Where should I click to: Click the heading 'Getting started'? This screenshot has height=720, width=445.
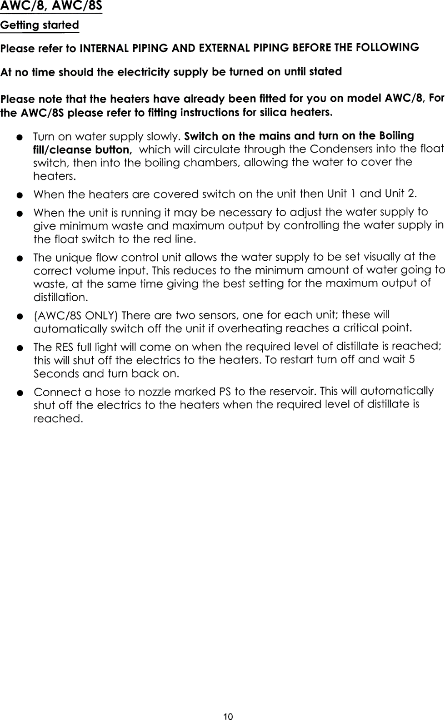(40, 25)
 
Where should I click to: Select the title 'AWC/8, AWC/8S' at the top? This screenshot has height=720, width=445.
(51, 6)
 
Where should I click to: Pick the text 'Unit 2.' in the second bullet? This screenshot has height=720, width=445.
(400, 194)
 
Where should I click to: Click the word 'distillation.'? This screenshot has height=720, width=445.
(60, 298)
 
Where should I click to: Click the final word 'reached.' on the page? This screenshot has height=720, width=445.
(58, 418)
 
